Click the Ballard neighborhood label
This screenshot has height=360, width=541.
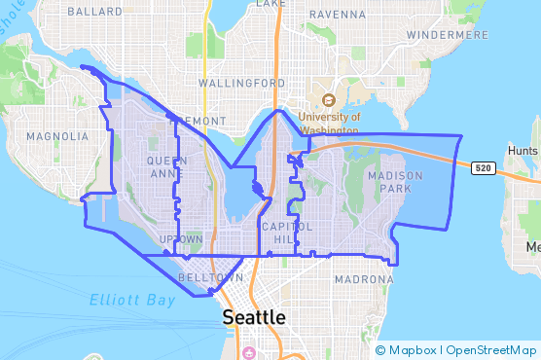click(95, 12)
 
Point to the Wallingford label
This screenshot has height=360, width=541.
click(242, 83)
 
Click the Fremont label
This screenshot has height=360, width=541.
click(198, 121)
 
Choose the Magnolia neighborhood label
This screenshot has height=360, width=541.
click(57, 136)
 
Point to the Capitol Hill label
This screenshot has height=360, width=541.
click(286, 233)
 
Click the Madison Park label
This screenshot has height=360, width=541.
click(396, 182)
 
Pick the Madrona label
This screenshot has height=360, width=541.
click(364, 279)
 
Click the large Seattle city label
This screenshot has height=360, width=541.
click(255, 317)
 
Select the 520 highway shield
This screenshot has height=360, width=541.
click(483, 168)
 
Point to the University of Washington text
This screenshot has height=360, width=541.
click(329, 122)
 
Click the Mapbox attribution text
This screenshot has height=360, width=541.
click(413, 350)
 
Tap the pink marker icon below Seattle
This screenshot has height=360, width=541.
click(250, 351)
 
